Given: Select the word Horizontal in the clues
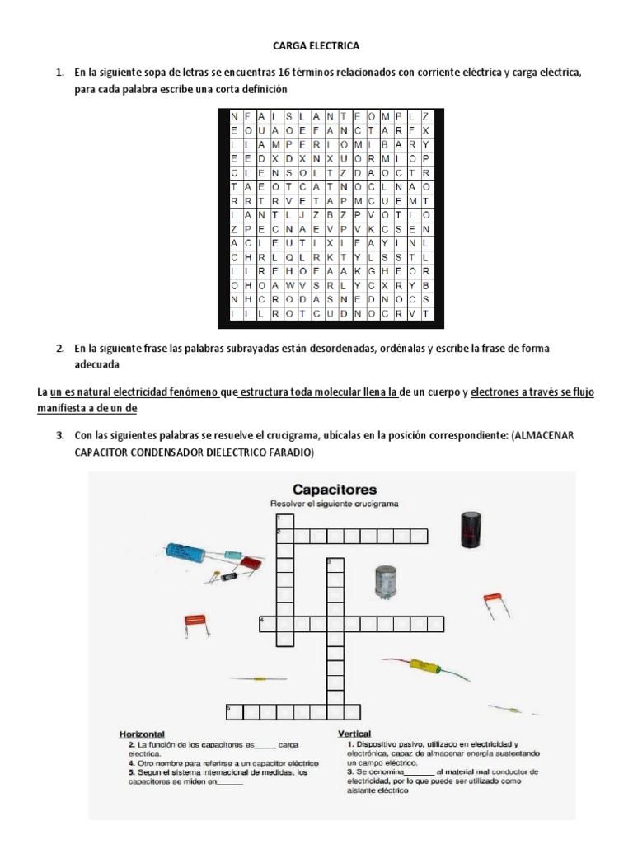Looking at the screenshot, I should (143, 734).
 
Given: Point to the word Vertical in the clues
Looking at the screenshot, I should (354, 734).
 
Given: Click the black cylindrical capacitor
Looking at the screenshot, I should (471, 530).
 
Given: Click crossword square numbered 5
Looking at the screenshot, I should (232, 710).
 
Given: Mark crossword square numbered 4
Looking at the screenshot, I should (265, 621).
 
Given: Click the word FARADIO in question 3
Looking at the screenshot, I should (289, 454).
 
